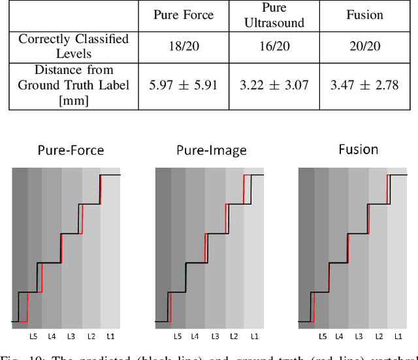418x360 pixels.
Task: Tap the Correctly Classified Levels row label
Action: tap(73, 46)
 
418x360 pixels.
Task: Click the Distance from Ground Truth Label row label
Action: tap(73, 85)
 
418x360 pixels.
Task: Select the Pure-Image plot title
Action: tap(212, 150)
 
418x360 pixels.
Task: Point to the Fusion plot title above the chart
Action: tap(359, 149)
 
